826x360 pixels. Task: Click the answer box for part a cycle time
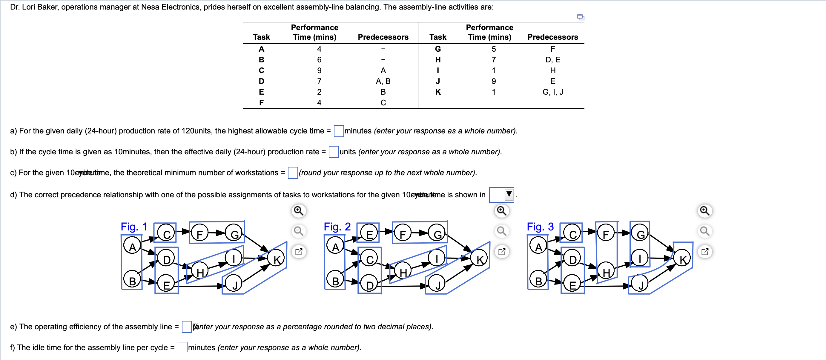[339, 131]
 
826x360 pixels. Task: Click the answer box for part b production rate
[334, 152]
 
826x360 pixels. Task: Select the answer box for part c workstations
[292, 173]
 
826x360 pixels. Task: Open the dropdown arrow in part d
[509, 194]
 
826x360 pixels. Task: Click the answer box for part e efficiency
[186, 327]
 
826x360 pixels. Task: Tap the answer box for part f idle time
[182, 347]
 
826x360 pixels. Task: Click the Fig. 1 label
[134, 227]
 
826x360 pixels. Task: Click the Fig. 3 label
[540, 227]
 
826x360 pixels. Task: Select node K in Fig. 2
[479, 259]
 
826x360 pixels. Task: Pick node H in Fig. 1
[200, 273]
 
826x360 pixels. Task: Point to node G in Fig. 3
[640, 234]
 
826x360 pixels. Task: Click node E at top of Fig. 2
[369, 234]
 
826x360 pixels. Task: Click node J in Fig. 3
[640, 284]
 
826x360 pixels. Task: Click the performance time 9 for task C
[319, 70]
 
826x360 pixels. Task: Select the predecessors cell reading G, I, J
[552, 92]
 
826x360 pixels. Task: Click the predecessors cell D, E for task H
[552, 60]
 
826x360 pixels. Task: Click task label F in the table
[261, 103]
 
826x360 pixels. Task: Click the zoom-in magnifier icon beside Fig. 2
[501, 211]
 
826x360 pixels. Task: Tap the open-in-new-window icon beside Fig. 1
[299, 252]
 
